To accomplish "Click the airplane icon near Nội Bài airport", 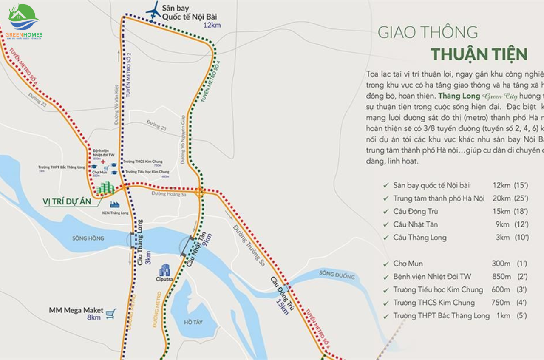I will (x=153, y=10).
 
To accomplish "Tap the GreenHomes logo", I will (x=24, y=22).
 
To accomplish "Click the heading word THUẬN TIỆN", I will (x=479, y=54).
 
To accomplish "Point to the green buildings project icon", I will (x=105, y=187).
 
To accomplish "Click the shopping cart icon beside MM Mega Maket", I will (x=111, y=314).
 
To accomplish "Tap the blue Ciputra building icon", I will (x=164, y=270).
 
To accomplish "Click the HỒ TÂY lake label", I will (x=193, y=322).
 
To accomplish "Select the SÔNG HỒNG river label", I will (x=88, y=238).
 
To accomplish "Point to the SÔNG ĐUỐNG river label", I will (x=337, y=276).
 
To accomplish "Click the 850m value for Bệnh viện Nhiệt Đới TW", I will (x=501, y=277).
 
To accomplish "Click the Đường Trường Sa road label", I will (x=249, y=246).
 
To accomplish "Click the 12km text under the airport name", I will (x=212, y=25).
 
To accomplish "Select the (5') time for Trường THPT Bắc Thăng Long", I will (x=522, y=316).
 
